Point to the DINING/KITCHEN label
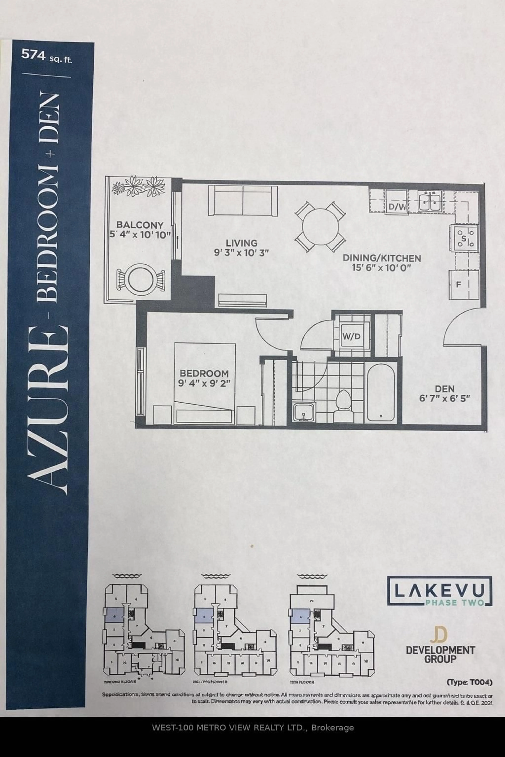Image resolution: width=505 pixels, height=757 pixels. [x=382, y=258]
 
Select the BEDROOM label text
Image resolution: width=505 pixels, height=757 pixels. [x=204, y=373]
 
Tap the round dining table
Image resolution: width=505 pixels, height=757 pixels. [x=320, y=227]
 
